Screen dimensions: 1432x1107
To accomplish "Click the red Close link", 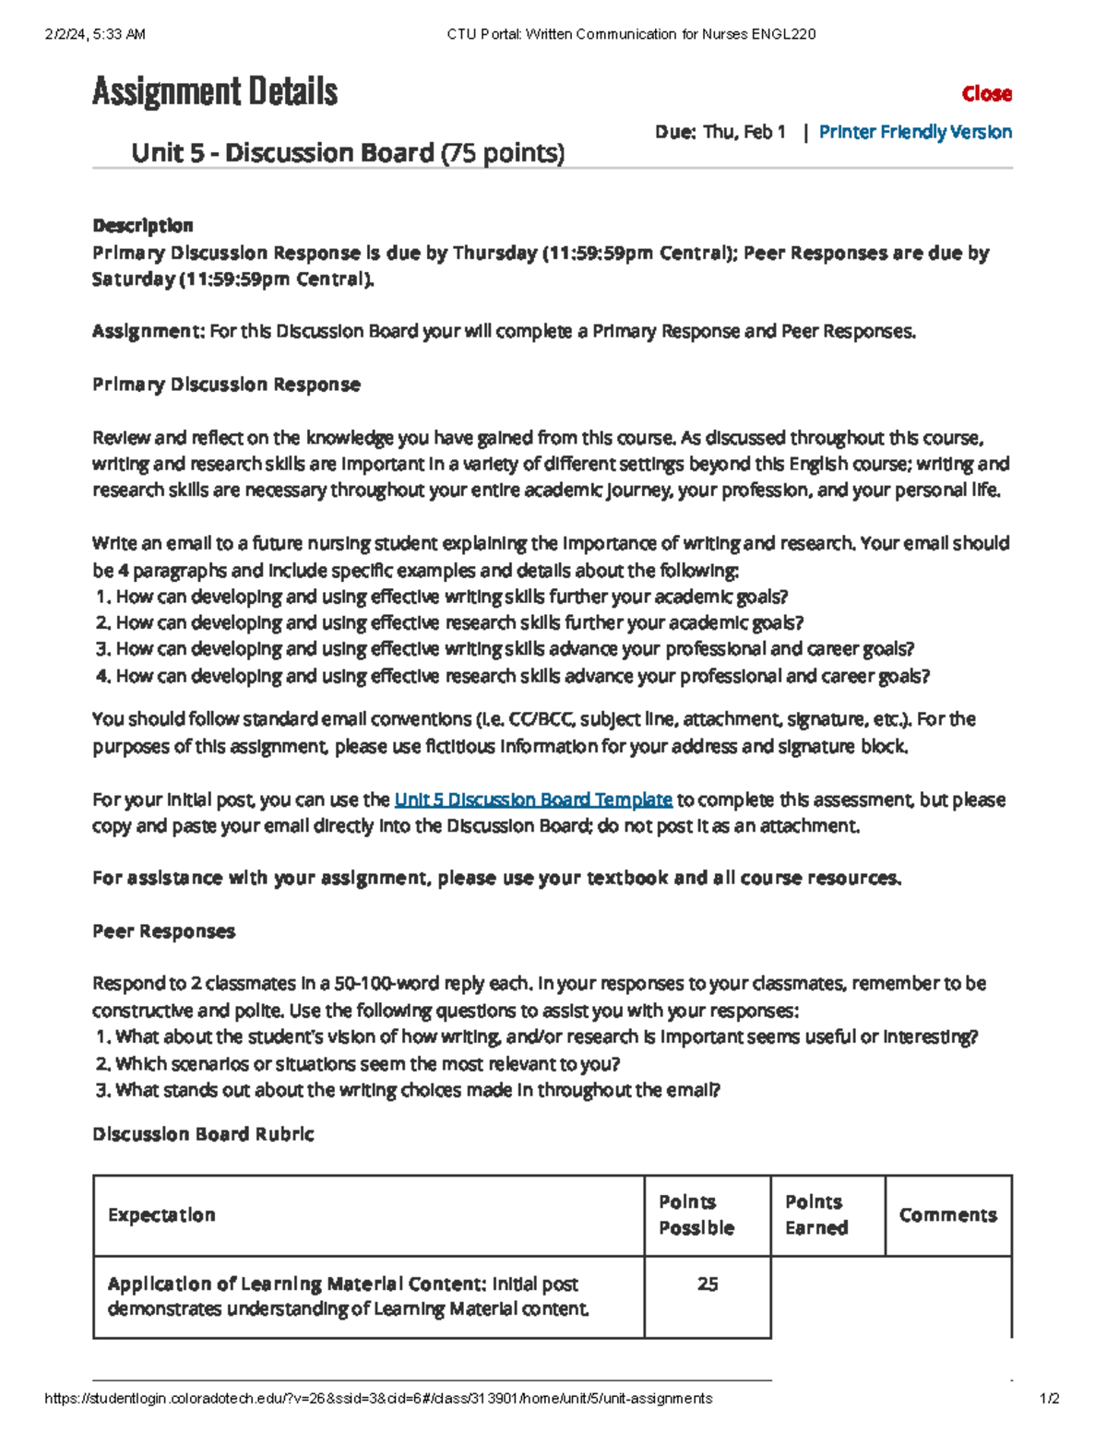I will [986, 94].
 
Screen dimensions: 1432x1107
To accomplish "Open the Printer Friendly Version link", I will [915, 132].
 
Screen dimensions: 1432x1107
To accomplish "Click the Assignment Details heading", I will [215, 91].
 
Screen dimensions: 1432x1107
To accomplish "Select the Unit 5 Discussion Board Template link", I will [532, 799].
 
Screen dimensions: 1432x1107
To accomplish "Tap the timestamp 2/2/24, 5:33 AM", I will [95, 35].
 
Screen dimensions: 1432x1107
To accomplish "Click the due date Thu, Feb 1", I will [744, 132].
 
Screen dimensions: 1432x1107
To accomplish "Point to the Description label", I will [142, 226].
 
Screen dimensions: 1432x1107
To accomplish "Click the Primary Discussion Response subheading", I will [226, 385].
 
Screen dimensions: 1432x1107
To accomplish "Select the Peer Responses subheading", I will [163, 931].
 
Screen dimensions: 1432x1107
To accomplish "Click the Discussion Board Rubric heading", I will [203, 1134].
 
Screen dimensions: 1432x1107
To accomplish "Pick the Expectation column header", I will [161, 1215].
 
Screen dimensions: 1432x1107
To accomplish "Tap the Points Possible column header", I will [696, 1215].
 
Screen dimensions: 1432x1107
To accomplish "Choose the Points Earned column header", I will [815, 1215].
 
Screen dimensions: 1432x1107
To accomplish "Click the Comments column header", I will [947, 1215].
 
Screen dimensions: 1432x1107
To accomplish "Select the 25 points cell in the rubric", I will [708, 1284].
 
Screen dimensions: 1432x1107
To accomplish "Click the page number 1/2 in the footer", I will [1049, 1399].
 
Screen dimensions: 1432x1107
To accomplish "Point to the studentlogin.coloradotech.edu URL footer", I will [378, 1399].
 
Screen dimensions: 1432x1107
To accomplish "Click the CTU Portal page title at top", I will [631, 35].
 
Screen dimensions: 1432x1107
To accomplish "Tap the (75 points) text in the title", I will [502, 153].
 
